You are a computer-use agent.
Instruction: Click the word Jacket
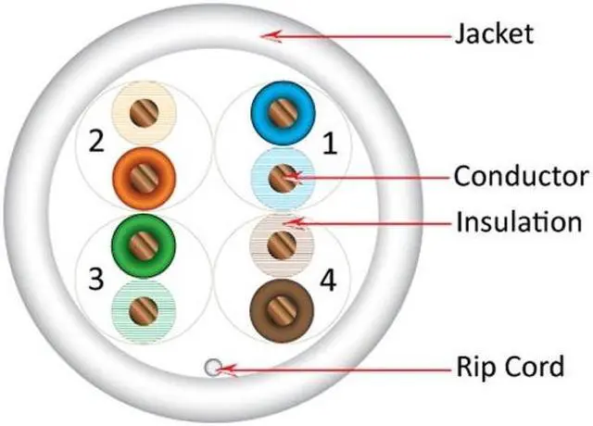click(x=494, y=35)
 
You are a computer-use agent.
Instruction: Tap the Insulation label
click(x=517, y=222)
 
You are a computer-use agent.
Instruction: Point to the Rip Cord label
click(x=510, y=367)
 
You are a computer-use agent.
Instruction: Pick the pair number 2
click(x=95, y=142)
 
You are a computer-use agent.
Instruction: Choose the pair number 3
click(x=95, y=277)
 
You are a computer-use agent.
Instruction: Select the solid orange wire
click(x=141, y=173)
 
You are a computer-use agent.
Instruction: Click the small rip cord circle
click(x=214, y=369)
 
